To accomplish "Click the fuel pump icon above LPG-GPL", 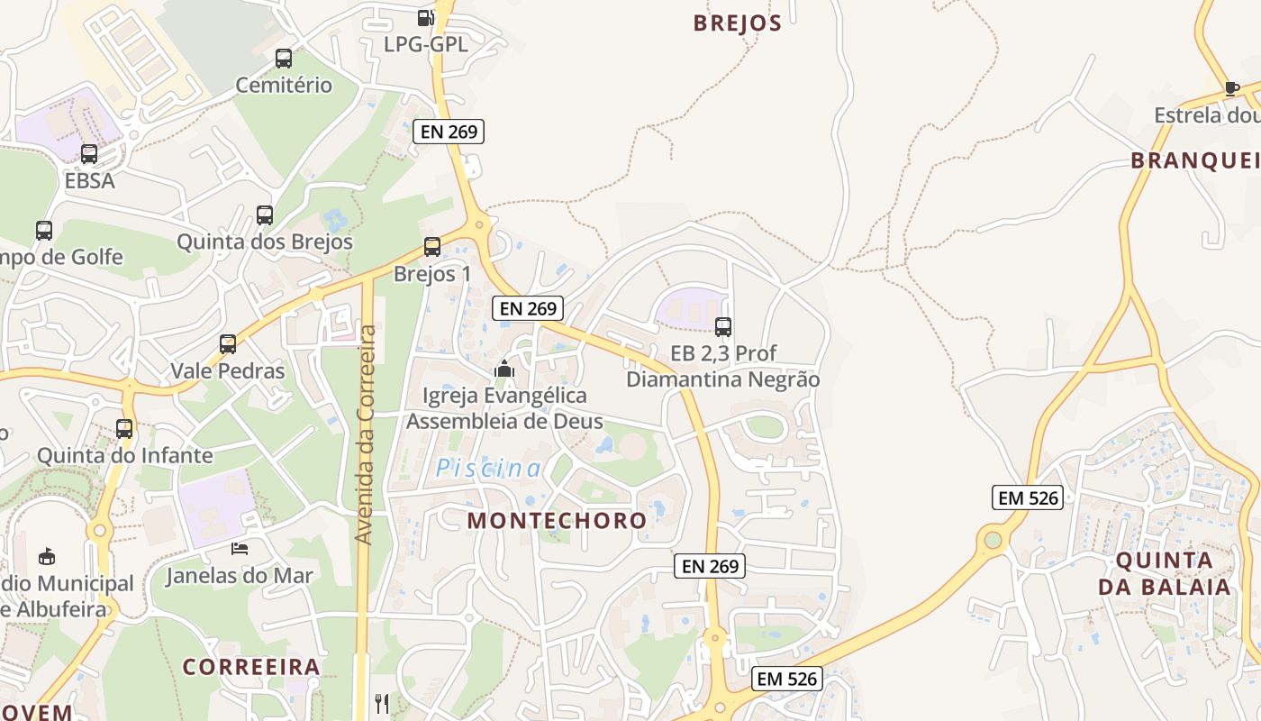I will coord(426,17).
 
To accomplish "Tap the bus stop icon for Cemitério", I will coord(284,59).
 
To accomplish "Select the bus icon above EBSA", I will coord(88,154).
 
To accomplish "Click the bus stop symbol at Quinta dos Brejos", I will coord(264,215).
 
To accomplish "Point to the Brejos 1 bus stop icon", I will coord(432,247).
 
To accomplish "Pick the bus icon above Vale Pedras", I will coord(227,344).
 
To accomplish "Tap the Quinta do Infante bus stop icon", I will coord(124,429).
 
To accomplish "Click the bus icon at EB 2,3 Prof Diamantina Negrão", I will coord(722,327).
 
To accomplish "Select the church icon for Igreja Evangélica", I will coord(504,369).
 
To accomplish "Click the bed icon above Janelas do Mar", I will coord(239,548).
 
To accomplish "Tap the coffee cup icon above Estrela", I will coord(1231,88).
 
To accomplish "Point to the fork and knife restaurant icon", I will coord(382,703).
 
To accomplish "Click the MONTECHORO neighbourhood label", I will coord(557,520).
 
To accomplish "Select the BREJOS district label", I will coord(737,23).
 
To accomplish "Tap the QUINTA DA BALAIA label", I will coord(1164,573).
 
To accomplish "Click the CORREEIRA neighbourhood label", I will coord(251,667).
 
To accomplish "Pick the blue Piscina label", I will coord(489,469).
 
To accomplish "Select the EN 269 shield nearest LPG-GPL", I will coord(449,132).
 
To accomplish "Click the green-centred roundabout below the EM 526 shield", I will coord(993,540).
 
